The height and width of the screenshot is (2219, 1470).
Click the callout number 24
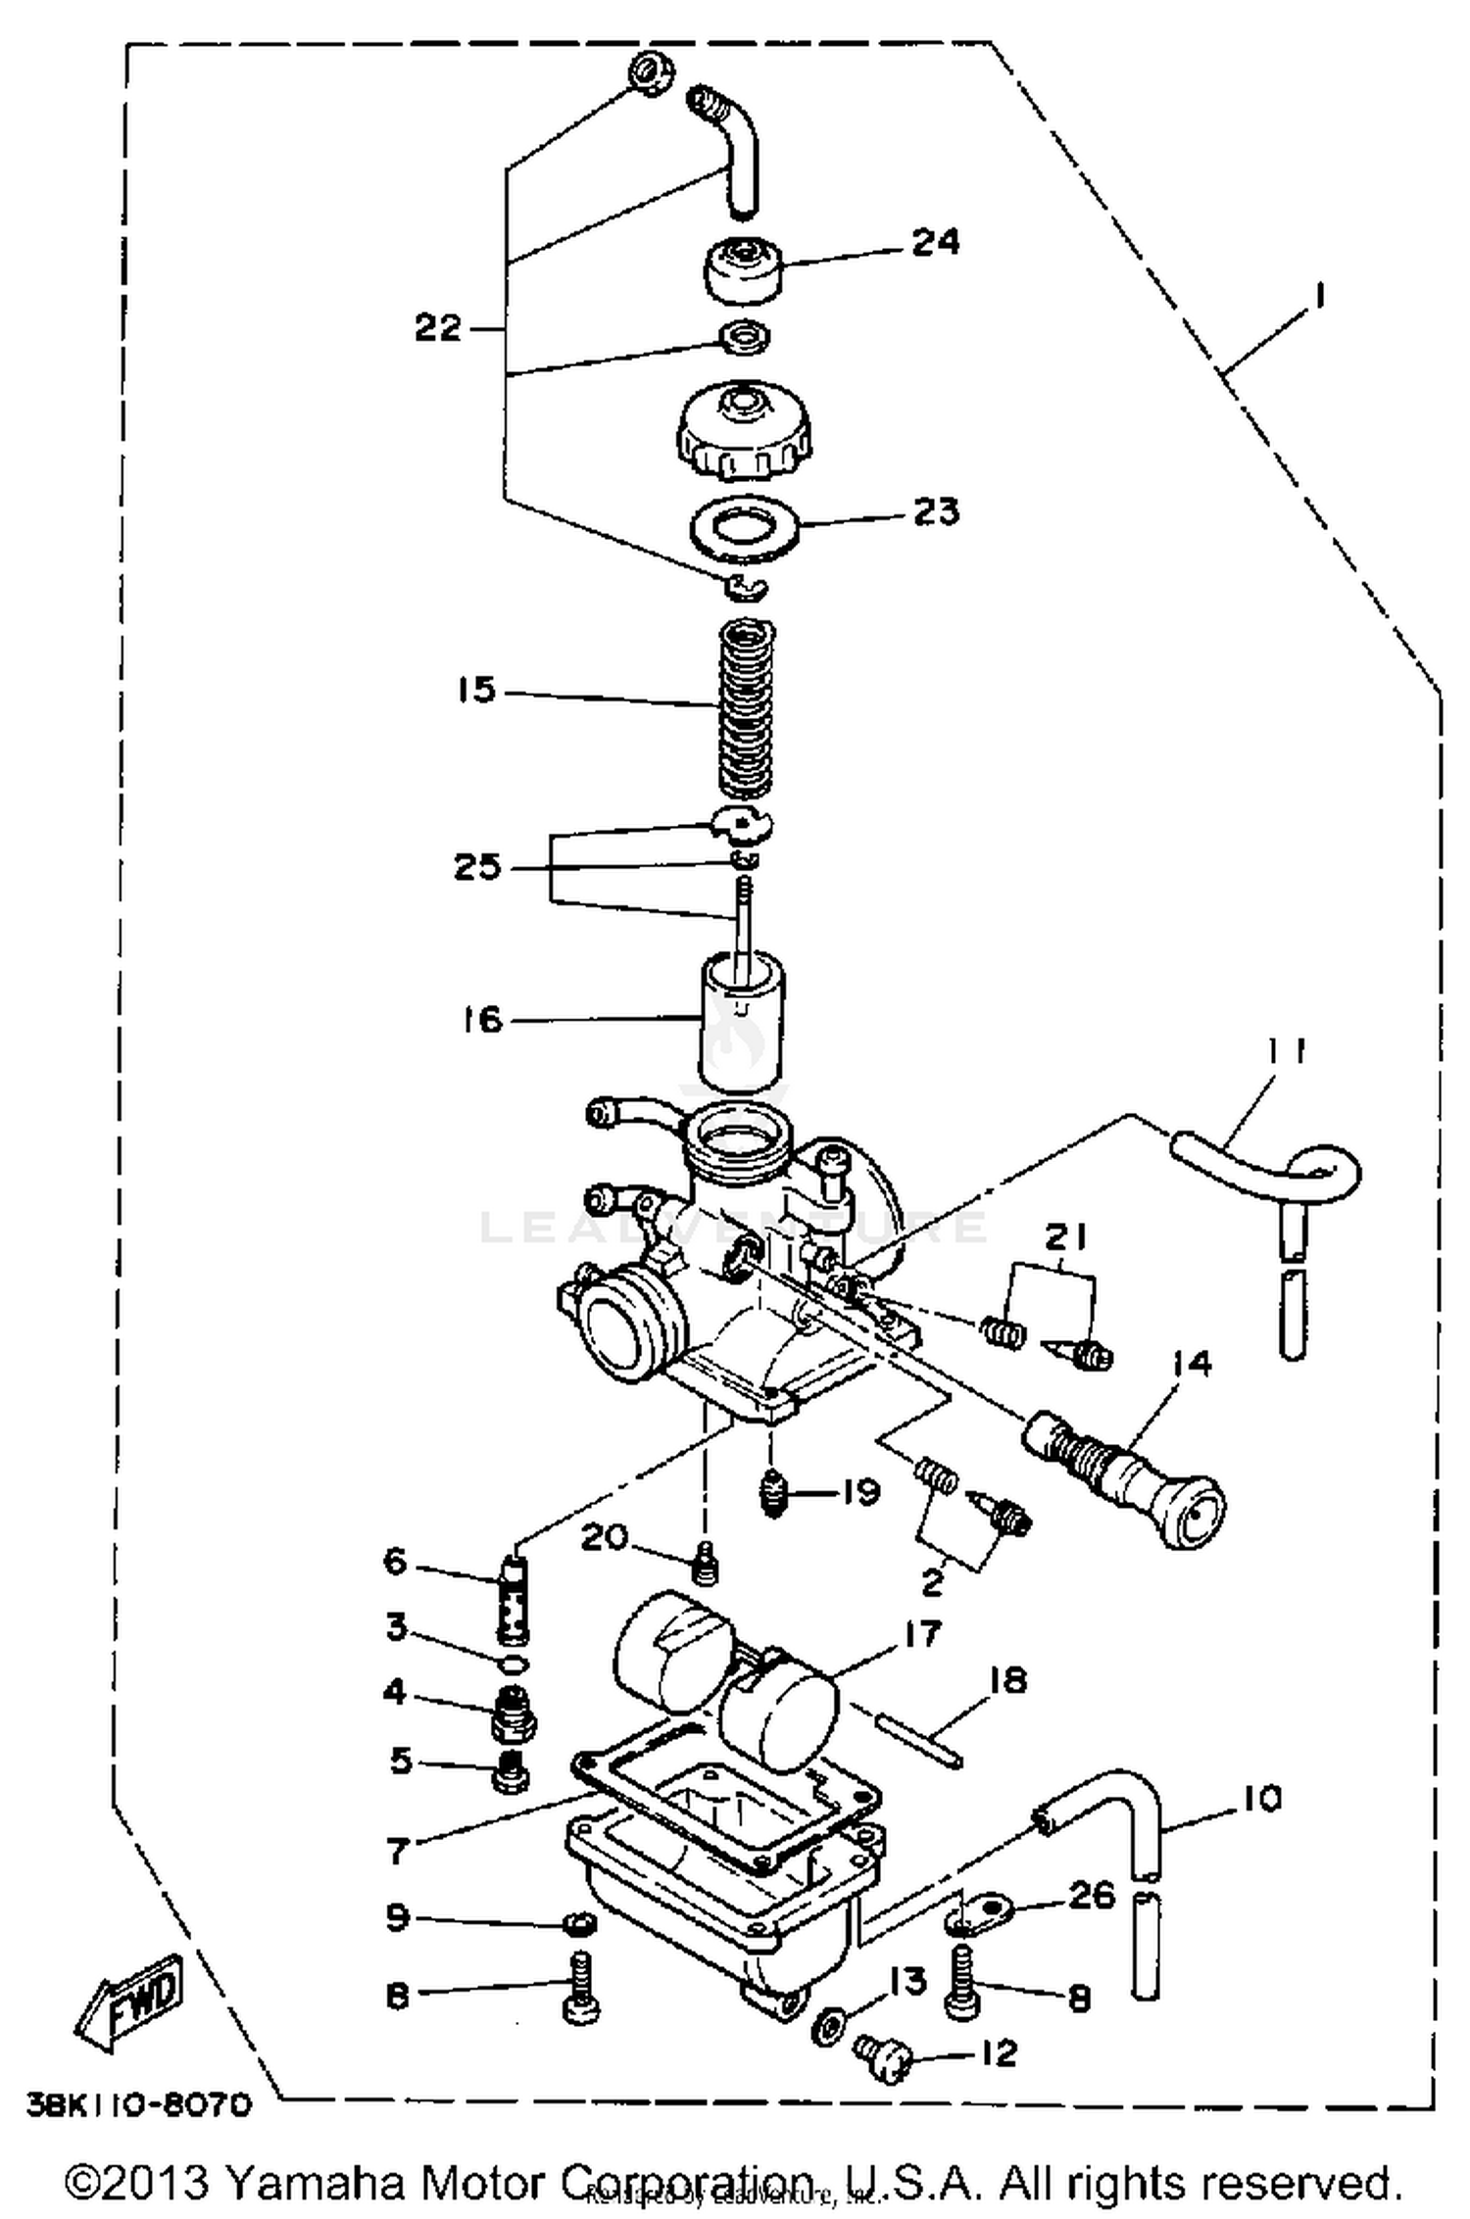tap(935, 242)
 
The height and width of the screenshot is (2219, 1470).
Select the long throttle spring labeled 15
tap(748, 710)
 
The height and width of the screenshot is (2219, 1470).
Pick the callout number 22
tap(437, 327)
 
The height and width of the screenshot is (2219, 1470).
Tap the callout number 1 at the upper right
tap(1319, 295)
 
